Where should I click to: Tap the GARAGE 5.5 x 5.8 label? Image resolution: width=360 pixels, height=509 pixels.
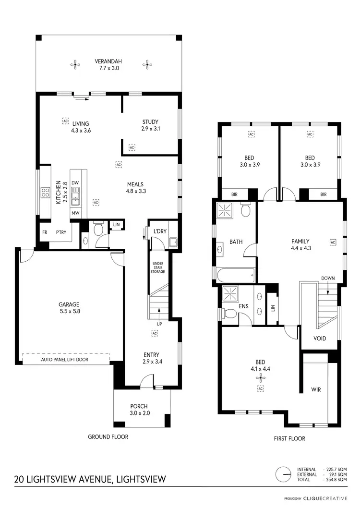tap(69, 308)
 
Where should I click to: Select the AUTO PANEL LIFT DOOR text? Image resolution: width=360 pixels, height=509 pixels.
tap(65, 359)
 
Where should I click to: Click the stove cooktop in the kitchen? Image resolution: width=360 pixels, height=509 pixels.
tap(46, 193)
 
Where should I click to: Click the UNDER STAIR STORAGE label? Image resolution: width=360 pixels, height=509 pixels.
tap(158, 268)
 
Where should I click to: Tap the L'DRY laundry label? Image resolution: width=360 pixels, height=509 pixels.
tap(160, 231)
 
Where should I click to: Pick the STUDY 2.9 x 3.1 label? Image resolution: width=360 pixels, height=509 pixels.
tap(150, 125)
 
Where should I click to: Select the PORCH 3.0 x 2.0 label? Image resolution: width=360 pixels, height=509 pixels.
tap(142, 410)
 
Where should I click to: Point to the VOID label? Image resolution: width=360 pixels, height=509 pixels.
tap(319, 339)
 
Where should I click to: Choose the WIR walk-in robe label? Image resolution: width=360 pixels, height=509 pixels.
tap(315, 389)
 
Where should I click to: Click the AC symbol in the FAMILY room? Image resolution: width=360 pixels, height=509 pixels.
tap(333, 242)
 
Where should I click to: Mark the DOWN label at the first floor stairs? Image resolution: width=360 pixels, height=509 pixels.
tap(328, 278)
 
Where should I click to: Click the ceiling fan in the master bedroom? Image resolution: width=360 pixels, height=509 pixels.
tap(262, 377)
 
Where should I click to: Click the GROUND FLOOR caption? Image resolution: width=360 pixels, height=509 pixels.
tap(108, 437)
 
